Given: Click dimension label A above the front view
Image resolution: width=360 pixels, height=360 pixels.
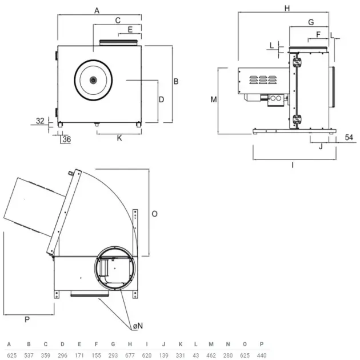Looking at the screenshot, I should tap(97, 10).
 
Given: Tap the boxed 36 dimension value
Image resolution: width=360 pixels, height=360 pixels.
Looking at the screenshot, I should tap(66, 139).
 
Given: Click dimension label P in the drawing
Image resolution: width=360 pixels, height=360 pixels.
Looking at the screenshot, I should tap(27, 319).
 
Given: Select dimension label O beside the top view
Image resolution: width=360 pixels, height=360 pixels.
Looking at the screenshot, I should tap(154, 213).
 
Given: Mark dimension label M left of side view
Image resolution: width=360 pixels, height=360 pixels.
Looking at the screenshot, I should tap(213, 99).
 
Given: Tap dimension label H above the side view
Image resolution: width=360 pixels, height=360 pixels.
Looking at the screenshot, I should tap(287, 8).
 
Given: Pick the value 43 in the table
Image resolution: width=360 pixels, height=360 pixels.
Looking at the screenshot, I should tap(195, 355).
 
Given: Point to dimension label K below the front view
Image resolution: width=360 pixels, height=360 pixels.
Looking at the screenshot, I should tap(119, 138).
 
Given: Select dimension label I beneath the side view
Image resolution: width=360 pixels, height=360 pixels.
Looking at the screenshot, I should tap(292, 165).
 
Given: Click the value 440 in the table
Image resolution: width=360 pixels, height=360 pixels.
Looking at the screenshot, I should tap(262, 355).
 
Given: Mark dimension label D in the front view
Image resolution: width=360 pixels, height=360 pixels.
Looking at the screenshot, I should tap(162, 99).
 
